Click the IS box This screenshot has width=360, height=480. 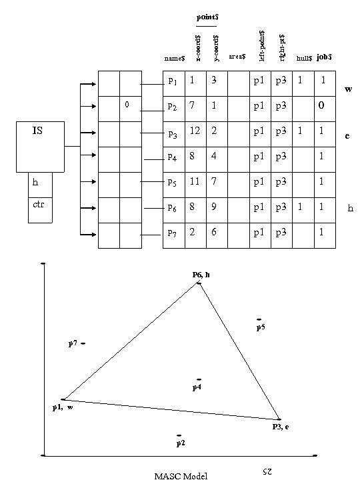point(38,146)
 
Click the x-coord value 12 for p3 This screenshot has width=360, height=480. point(195,131)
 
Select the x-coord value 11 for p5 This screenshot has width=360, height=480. point(195,182)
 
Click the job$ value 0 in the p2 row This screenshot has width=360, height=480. point(323,106)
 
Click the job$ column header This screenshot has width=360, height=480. point(324,58)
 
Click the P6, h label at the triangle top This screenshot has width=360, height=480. point(200,275)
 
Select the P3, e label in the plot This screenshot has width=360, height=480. point(280,427)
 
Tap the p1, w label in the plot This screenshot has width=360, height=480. point(63,407)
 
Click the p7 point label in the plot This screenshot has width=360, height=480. point(73,343)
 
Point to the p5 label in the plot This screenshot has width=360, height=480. point(261,327)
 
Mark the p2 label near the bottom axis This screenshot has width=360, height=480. point(180,443)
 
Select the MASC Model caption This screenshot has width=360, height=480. point(181,475)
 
